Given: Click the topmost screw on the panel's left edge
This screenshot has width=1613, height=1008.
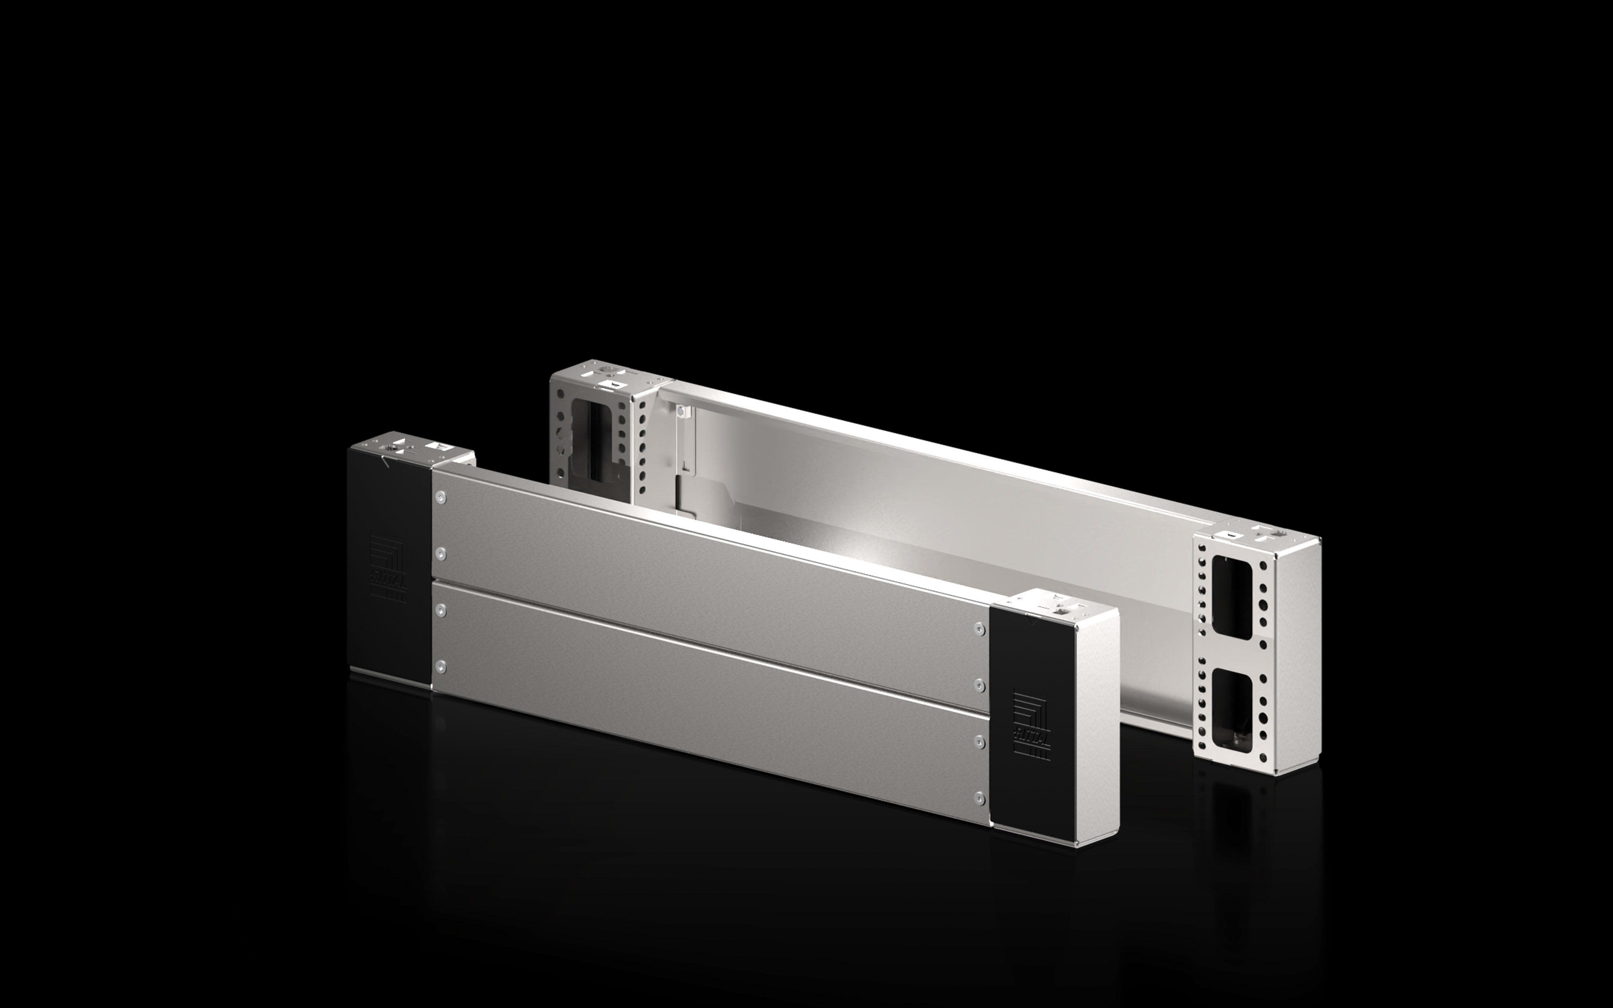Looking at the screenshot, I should [440, 497].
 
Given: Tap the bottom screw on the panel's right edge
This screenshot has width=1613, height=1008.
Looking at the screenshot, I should [979, 797].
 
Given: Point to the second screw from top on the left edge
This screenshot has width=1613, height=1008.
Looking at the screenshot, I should [440, 553].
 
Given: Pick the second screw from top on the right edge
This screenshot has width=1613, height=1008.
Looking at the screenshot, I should [979, 686].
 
